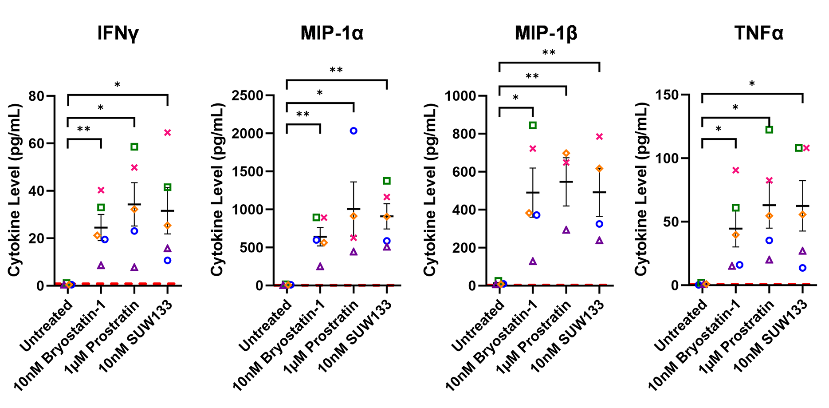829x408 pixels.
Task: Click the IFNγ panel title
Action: (118, 33)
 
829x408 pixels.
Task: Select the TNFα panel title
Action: (758, 33)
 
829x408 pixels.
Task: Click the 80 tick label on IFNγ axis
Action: (36, 96)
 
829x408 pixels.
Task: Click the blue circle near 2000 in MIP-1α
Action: (354, 131)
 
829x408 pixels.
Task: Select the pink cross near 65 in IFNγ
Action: (167, 133)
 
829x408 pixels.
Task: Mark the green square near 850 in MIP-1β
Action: (533, 126)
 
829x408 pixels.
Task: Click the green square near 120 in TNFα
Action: (769, 130)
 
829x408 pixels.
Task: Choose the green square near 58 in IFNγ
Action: (134, 147)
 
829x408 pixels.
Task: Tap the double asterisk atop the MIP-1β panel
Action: (549, 53)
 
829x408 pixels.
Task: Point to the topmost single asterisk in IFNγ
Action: (117, 85)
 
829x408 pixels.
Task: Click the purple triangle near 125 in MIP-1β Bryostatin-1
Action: (533, 261)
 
